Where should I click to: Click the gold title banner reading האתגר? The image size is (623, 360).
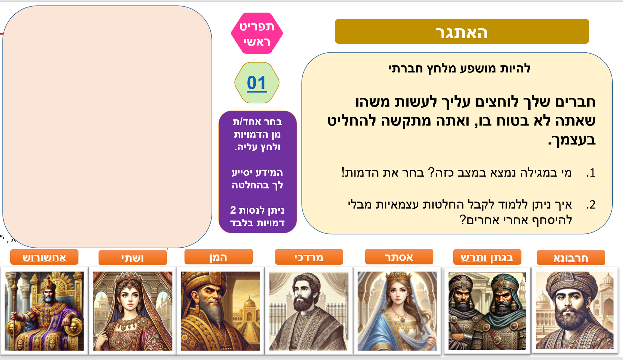point(462,31)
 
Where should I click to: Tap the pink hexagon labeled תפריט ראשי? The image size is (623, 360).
point(257,33)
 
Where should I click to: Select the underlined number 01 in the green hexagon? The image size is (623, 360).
point(257,83)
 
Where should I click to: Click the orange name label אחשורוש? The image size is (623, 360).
point(44,257)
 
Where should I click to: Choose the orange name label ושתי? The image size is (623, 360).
point(133,258)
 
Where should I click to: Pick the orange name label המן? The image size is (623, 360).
point(218,257)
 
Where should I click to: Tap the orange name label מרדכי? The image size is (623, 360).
point(309,257)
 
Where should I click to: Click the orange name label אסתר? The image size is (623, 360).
point(399,257)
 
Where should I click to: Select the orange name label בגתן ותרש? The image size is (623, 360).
point(487,257)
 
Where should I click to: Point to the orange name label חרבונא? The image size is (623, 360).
point(571,258)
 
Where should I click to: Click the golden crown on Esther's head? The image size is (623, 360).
point(398,277)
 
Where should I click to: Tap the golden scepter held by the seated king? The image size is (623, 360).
point(14,311)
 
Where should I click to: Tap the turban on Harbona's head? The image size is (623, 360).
point(573,282)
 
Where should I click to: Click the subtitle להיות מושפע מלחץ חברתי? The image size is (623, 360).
point(459,68)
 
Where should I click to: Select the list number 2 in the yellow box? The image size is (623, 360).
point(591,205)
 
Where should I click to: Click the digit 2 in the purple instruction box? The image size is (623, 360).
point(233,210)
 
